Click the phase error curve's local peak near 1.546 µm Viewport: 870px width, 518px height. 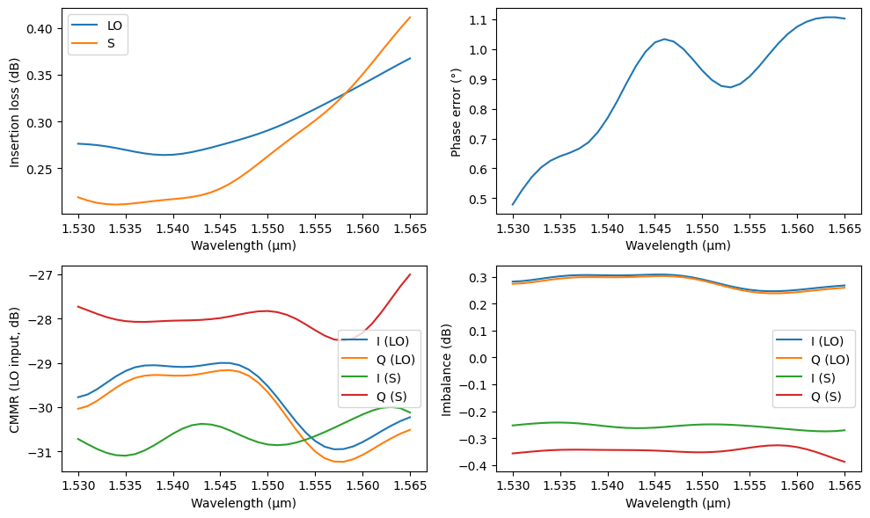click(665, 39)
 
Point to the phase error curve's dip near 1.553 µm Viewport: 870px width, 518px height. click(730, 87)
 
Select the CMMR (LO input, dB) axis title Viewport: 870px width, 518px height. click(15, 366)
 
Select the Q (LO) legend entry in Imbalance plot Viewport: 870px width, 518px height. click(820, 359)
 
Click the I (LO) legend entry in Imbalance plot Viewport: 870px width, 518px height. click(820, 341)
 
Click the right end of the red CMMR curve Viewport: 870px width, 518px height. click(410, 274)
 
